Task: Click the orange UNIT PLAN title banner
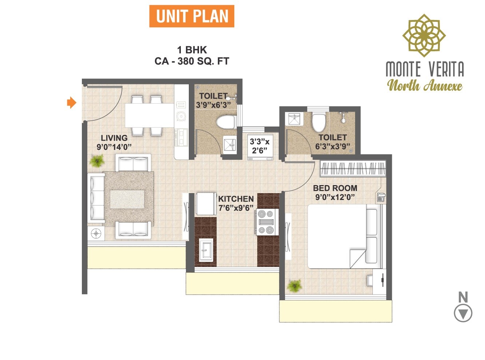point(192,16)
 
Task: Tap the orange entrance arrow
point(72,103)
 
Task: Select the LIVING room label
point(114,138)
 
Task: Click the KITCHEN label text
point(236,199)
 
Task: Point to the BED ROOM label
point(335,188)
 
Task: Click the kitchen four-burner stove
point(266,222)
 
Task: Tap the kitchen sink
point(206,250)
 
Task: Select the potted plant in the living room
point(97,160)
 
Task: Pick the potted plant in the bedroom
point(294,285)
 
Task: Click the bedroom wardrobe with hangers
point(353,169)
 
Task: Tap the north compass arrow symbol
point(463,313)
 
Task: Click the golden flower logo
point(424,36)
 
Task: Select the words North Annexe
point(425,86)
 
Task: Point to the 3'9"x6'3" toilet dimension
point(213,105)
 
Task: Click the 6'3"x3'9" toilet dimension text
point(333,147)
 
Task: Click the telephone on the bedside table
point(381,197)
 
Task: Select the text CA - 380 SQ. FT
point(192,61)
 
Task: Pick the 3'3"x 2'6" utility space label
point(259,146)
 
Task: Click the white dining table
point(149,115)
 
